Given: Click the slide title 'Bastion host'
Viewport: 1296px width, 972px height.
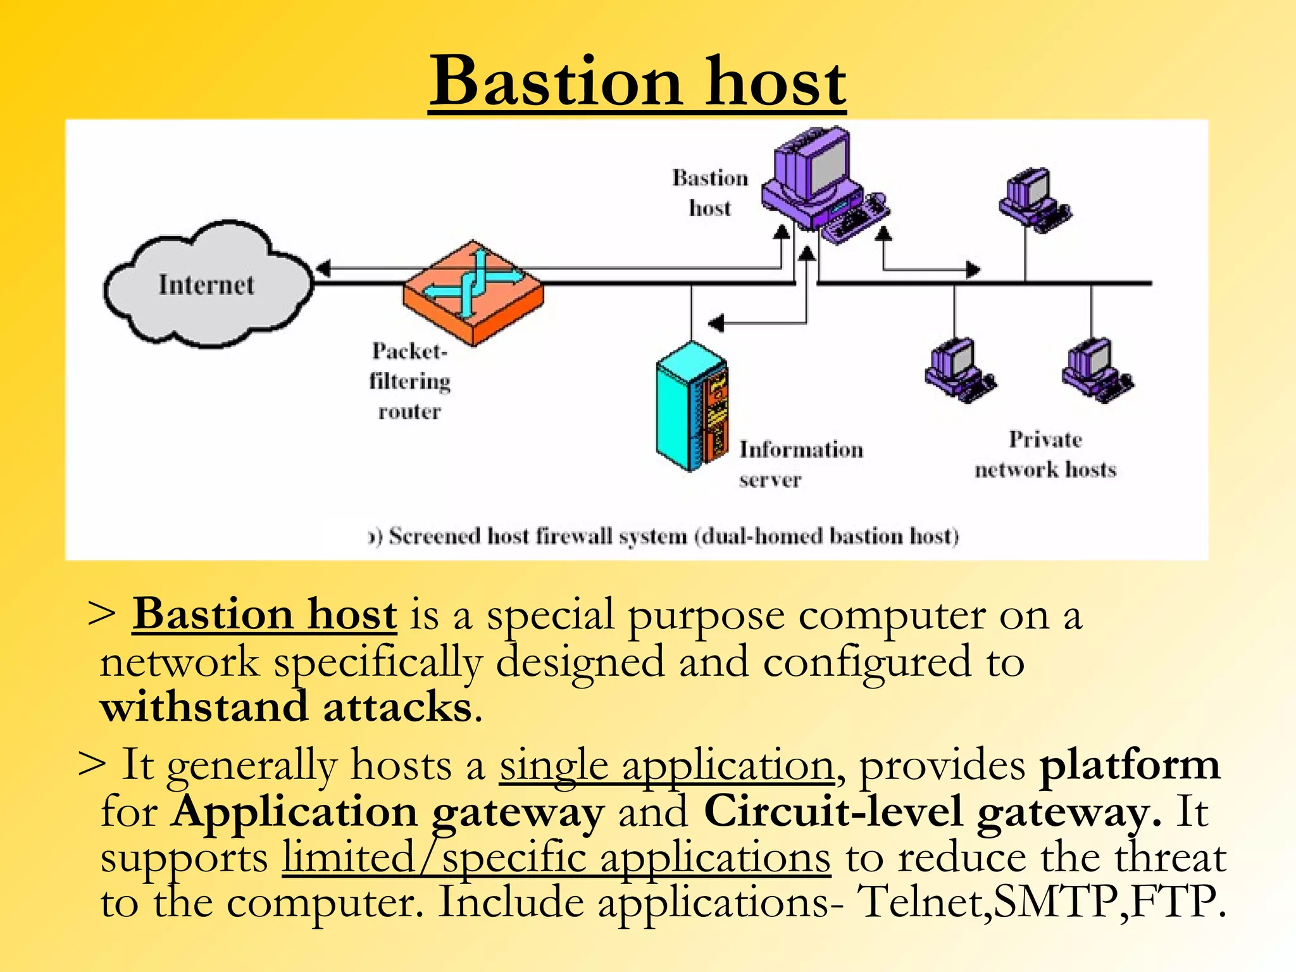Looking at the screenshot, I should pyautogui.click(x=637, y=82).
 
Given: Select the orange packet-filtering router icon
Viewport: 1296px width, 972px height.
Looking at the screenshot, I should pyautogui.click(x=473, y=292).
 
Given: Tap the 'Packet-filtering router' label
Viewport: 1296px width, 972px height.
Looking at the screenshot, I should pyautogui.click(x=410, y=381).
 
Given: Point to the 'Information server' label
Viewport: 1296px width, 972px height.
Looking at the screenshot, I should pyautogui.click(x=801, y=464).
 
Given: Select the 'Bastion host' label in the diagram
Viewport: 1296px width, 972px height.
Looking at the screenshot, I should pyautogui.click(x=710, y=192).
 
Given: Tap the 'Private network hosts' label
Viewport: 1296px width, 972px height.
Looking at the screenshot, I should pyautogui.click(x=1045, y=454).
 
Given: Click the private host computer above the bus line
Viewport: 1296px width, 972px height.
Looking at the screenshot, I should pyautogui.click(x=1034, y=199).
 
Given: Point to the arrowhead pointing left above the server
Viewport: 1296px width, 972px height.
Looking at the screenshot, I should pyautogui.click(x=716, y=323).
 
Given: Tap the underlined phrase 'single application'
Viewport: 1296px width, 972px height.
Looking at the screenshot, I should pyautogui.click(x=666, y=765).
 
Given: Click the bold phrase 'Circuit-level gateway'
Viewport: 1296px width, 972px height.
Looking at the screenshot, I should pyautogui.click(x=932, y=811).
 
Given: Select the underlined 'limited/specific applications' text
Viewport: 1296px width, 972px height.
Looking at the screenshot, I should pyautogui.click(x=556, y=858).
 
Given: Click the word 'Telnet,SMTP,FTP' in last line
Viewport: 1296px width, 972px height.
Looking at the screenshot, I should pyautogui.click(x=1041, y=902).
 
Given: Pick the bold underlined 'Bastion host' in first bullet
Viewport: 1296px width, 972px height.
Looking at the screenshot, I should pyautogui.click(x=265, y=614).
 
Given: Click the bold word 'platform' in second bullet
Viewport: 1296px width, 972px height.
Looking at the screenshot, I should pyautogui.click(x=1130, y=765).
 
